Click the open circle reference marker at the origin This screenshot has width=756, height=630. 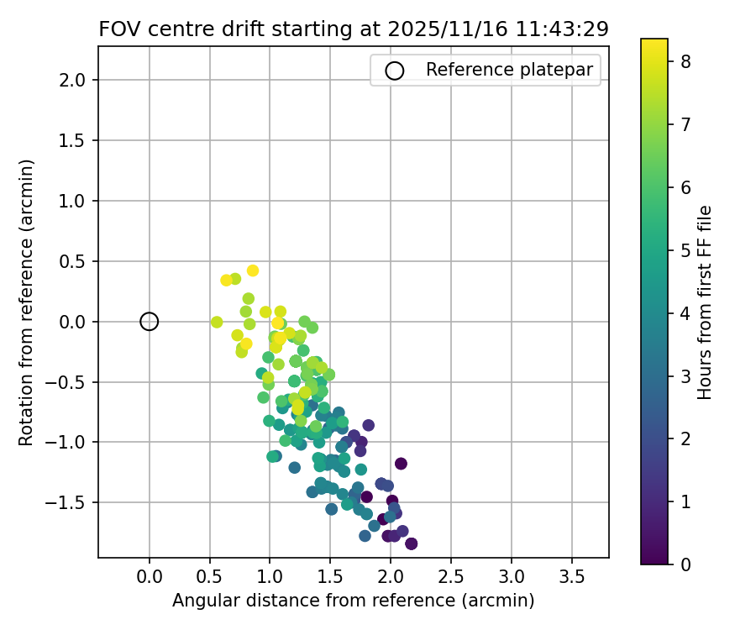149,321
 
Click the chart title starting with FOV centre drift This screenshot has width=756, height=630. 353,29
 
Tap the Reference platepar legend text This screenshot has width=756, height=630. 513,70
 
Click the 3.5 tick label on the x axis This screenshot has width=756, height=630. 571,579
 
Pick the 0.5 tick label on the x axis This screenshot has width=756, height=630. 209,579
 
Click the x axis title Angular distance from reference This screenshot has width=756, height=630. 353,601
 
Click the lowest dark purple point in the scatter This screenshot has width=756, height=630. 411,543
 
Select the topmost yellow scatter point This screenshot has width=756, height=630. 252,270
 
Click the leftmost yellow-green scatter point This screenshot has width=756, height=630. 217,322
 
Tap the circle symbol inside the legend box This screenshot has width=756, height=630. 394,71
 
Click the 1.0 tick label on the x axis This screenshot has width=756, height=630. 270,579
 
